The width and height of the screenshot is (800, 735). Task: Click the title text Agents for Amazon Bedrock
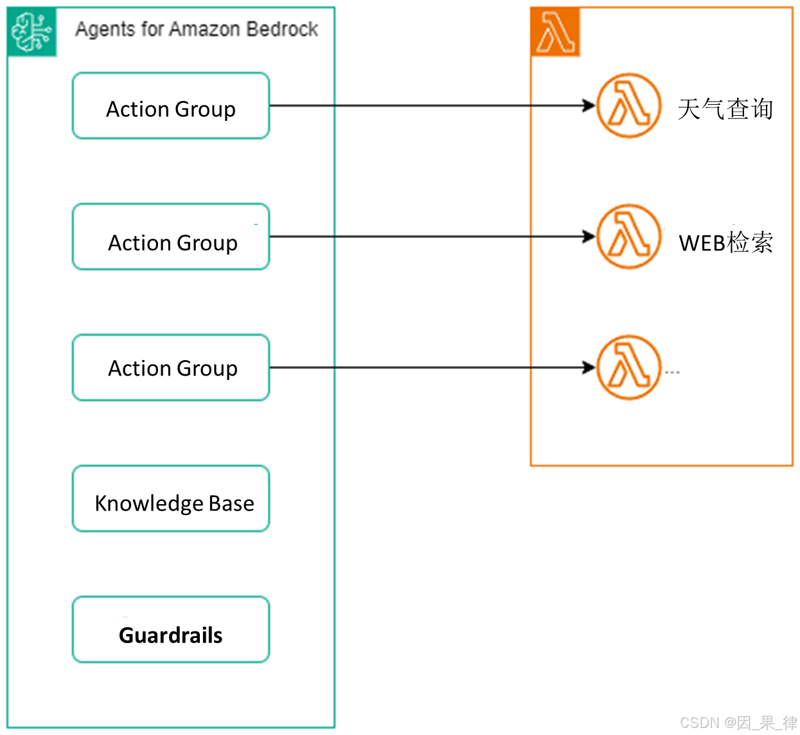pos(197,29)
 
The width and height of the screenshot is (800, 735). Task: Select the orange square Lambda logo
pos(556,32)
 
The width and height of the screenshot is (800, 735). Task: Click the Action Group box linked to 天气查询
pos(171,106)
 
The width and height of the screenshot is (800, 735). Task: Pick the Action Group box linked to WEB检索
pos(171,237)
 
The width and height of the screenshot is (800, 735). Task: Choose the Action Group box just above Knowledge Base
pos(171,368)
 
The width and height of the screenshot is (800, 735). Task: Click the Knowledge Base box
pos(171,499)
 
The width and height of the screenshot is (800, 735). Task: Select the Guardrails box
pos(171,630)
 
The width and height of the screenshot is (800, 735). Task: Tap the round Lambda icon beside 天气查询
pos(628,106)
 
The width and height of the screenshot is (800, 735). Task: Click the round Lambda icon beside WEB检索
pos(628,237)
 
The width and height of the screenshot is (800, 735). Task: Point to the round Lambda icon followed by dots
pos(628,368)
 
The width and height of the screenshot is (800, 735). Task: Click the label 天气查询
pos(725,109)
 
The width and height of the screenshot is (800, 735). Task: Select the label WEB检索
pos(725,243)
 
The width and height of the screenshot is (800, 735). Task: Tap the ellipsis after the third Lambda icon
pos(672,372)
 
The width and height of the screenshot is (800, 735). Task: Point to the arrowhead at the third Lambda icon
pos(589,368)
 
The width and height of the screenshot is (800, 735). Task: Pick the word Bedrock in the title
pos(282,29)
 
